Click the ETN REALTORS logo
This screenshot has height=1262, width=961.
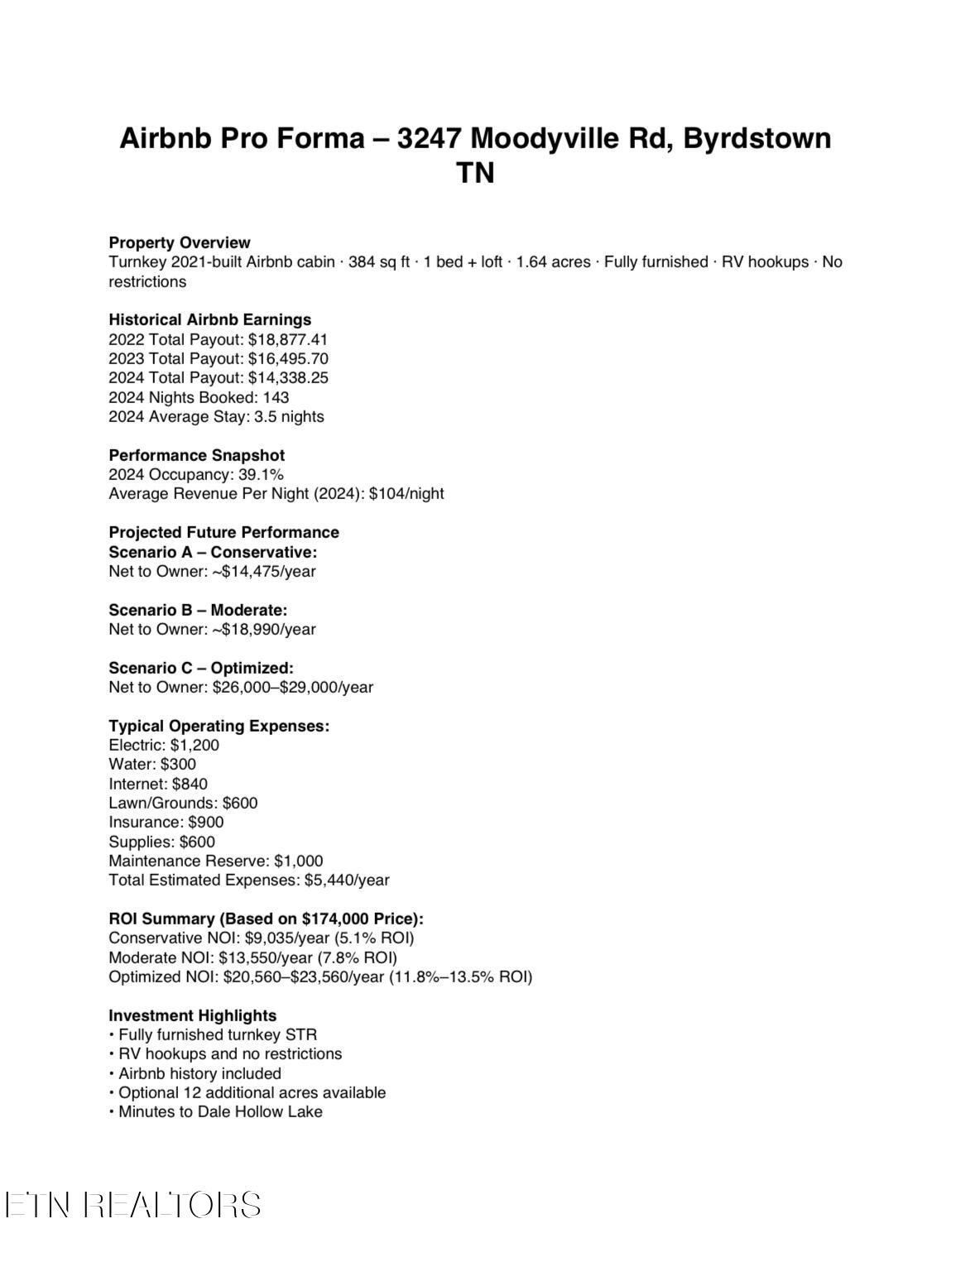coord(132,1205)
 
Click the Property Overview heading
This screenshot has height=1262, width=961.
coord(179,242)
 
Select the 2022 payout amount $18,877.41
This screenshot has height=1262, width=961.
coord(288,339)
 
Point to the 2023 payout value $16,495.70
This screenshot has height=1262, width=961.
coord(288,358)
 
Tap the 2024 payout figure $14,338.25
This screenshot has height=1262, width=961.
coord(288,377)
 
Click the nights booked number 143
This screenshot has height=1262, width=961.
coord(276,397)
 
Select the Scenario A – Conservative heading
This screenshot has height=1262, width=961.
coord(213,552)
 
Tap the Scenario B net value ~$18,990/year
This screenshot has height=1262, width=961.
coord(264,629)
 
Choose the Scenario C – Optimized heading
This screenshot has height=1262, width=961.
coord(201,668)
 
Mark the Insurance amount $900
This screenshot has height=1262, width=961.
coord(206,822)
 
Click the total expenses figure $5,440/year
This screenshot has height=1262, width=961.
coord(347,880)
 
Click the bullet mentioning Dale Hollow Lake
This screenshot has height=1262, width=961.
coord(219,1111)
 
